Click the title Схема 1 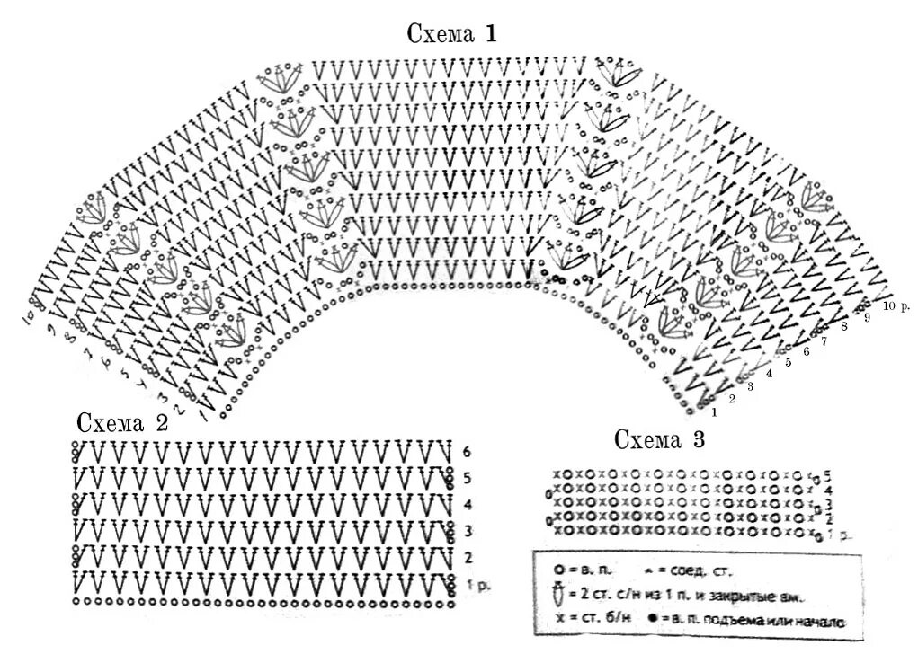click(x=452, y=35)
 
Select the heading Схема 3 click(x=659, y=439)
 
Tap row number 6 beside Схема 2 click(x=467, y=452)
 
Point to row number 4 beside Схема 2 click(x=467, y=504)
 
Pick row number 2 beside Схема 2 click(x=467, y=558)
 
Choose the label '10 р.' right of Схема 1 click(x=896, y=305)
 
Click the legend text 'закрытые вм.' click(x=756, y=596)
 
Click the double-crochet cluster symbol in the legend click(x=558, y=595)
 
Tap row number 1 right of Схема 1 click(x=713, y=412)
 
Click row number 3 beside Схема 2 click(x=467, y=531)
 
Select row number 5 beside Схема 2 click(x=467, y=478)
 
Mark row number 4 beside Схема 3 click(x=827, y=490)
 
